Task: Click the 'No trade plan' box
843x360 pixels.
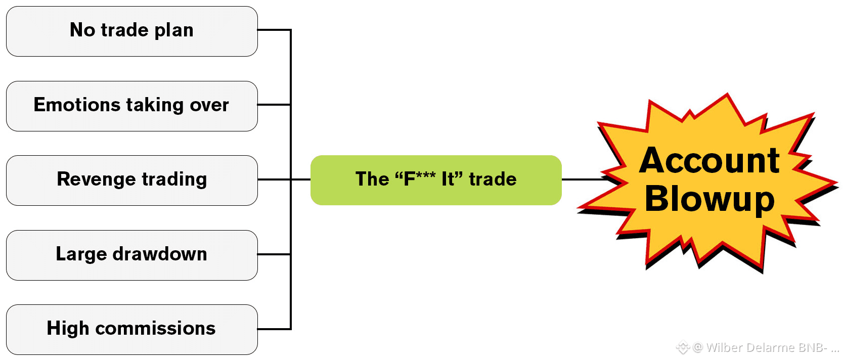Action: [x=131, y=31]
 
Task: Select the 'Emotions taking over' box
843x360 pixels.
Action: [x=131, y=106]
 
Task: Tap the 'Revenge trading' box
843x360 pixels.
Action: [x=131, y=181]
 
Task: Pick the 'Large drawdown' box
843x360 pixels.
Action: [x=131, y=255]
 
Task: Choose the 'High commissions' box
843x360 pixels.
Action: [x=131, y=330]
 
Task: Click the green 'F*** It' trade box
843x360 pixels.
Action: [x=436, y=180]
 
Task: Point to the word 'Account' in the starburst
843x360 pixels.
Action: [x=709, y=161]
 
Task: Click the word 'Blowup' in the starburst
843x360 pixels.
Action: [x=709, y=199]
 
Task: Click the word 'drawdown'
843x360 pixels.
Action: [x=160, y=254]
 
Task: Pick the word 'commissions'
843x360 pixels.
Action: [x=155, y=328]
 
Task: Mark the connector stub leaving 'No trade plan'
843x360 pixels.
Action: [x=274, y=30]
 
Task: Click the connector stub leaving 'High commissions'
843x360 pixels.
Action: [x=274, y=329]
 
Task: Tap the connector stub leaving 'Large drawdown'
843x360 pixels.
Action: [x=274, y=254]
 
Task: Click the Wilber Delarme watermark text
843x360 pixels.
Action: [x=766, y=347]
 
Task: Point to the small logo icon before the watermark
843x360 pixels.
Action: [x=683, y=347]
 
